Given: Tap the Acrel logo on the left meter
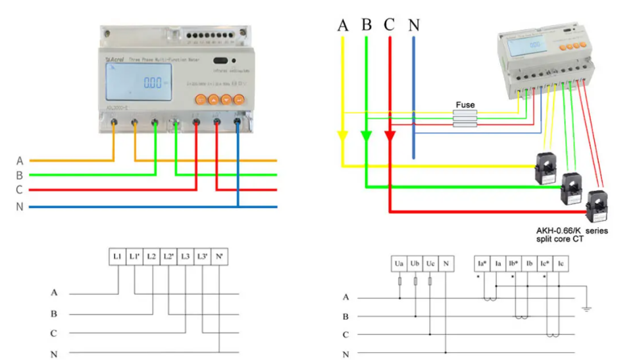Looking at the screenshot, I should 114,59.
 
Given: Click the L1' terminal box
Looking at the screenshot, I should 135,255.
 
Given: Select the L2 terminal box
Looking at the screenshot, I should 151,255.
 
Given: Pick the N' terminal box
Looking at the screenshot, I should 219,255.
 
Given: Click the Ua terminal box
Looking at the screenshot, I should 399,264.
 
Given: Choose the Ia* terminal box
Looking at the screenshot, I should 482,264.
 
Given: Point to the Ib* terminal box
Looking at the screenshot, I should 514,264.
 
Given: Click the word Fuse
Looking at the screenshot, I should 465,105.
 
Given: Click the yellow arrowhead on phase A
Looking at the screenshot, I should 343,138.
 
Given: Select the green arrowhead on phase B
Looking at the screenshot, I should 367,138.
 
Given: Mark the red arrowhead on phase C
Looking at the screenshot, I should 390,138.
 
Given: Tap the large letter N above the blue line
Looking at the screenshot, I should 413,25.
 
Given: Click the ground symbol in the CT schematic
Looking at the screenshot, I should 588,307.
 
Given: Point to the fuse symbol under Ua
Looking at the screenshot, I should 399,282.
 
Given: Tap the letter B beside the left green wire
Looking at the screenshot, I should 20,175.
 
